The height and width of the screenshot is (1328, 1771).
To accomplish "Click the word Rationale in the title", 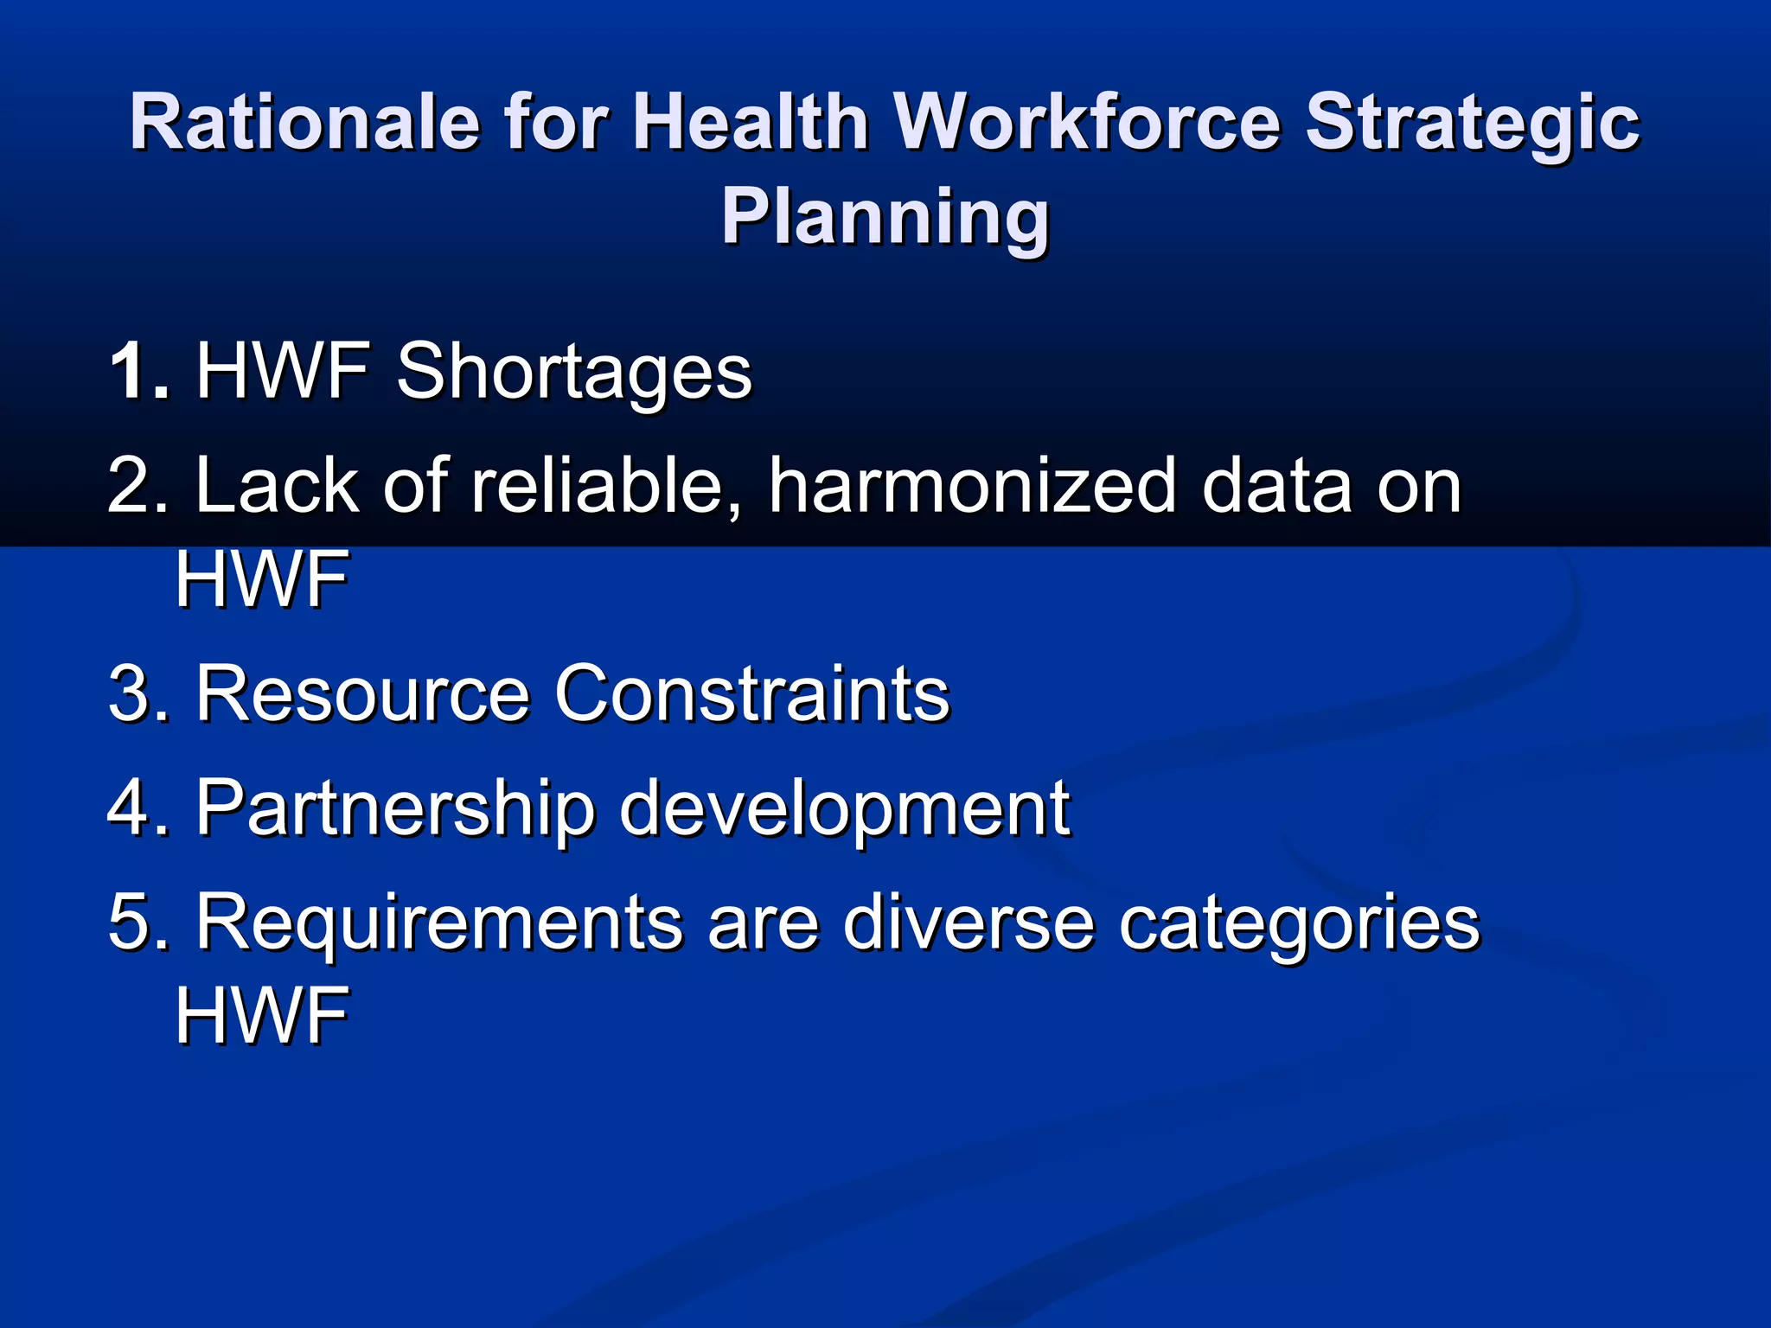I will point(304,122).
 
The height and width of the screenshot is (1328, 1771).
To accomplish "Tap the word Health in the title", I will point(751,122).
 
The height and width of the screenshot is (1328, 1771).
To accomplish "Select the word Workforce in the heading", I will point(1087,122).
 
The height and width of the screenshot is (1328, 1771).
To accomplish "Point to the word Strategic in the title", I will point(1471,122).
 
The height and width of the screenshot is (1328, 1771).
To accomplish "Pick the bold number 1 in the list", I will point(130,371).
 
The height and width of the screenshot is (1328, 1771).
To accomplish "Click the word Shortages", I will point(574,371).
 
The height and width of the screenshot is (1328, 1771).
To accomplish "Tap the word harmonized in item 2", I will point(972,486).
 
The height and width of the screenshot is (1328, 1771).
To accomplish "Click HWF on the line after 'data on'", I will point(262,579).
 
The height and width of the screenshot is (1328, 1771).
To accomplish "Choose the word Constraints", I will point(751,693).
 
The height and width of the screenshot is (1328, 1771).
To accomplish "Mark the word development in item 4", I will point(845,808).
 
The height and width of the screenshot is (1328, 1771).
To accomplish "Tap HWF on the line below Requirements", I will point(262,1015).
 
